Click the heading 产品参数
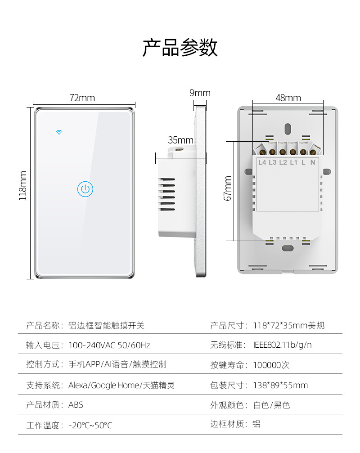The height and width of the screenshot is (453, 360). pyautogui.click(x=180, y=48)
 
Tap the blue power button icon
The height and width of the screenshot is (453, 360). pyautogui.click(x=85, y=189)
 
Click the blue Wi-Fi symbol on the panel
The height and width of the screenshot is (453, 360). pyautogui.click(x=58, y=132)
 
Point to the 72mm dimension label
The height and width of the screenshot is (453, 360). pyautogui.click(x=82, y=98)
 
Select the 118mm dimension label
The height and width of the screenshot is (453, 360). pyautogui.click(x=23, y=185)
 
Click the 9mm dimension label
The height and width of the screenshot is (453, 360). pyautogui.click(x=200, y=93)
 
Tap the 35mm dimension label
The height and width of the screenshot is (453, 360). pyautogui.click(x=180, y=140)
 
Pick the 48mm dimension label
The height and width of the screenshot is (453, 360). pyautogui.click(x=288, y=98)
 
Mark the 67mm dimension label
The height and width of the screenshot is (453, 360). pyautogui.click(x=228, y=188)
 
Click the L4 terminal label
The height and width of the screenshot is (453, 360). pyautogui.click(x=262, y=162)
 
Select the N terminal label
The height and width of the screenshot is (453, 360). pyautogui.click(x=313, y=162)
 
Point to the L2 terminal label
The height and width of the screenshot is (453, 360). pyautogui.click(x=283, y=162)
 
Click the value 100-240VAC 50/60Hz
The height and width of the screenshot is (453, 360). pyautogui.click(x=109, y=345)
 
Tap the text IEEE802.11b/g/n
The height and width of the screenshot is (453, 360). pyautogui.click(x=283, y=345)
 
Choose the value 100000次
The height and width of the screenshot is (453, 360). pyautogui.click(x=271, y=365)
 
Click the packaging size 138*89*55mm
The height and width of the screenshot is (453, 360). pyautogui.click(x=280, y=385)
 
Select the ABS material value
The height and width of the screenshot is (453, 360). pyautogui.click(x=76, y=405)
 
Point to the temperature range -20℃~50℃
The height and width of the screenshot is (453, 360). pyautogui.click(x=90, y=425)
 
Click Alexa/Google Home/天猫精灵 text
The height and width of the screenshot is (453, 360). pyautogui.click(x=121, y=385)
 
